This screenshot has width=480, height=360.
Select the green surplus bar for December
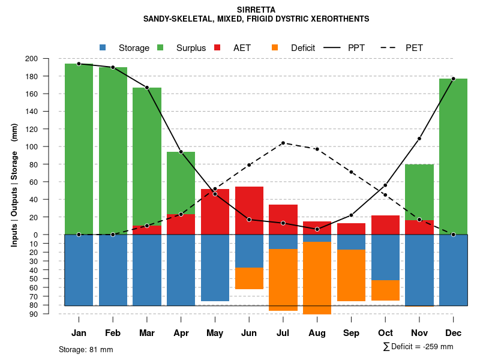coord(453,156)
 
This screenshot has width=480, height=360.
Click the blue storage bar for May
coord(215,268)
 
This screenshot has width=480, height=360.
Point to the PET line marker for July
coord(283,143)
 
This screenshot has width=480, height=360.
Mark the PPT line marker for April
coord(181,152)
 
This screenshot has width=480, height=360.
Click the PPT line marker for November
coord(419,139)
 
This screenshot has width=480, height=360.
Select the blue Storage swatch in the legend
coord(103,47)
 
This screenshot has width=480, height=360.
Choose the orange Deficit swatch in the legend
coord(275,47)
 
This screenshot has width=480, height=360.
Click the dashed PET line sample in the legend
coord(389,47)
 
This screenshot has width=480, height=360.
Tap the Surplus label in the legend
coord(191,48)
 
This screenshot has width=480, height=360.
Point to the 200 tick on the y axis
coord(48,59)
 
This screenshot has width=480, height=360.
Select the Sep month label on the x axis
coord(352,333)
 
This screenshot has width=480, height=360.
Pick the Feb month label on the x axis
coord(113,333)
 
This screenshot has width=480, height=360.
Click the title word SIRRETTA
coord(256,10)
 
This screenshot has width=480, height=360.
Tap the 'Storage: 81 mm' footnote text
coord(86,349)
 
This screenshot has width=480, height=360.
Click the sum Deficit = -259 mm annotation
coord(418,346)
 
